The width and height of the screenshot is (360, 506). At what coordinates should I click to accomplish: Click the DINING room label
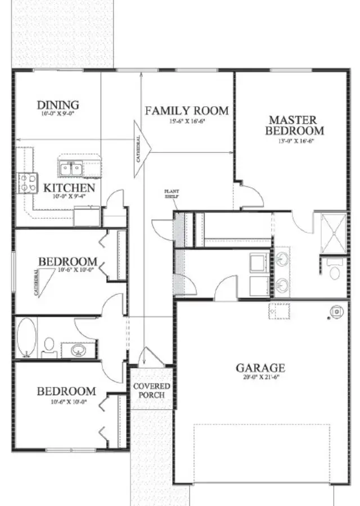pyautogui.click(x=57, y=105)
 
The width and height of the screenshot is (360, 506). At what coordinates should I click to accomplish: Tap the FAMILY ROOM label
pyautogui.click(x=187, y=110)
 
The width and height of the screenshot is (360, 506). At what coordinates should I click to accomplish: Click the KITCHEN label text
pyautogui.click(x=69, y=188)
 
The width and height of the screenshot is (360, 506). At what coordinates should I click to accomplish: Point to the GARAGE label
pyautogui.click(x=260, y=368)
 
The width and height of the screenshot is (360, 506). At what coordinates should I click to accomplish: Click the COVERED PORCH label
pyautogui.click(x=151, y=390)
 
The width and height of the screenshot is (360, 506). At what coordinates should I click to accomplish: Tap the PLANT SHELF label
pyautogui.click(x=171, y=193)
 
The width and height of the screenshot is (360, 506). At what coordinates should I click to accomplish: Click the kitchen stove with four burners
pyautogui.click(x=28, y=182)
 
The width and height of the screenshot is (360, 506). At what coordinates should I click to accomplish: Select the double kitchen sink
pyautogui.click(x=71, y=168)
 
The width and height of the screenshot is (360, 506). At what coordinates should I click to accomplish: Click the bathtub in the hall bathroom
pyautogui.click(x=26, y=337)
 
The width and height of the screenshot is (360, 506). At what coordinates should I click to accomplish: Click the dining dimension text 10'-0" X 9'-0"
pyautogui.click(x=57, y=114)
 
